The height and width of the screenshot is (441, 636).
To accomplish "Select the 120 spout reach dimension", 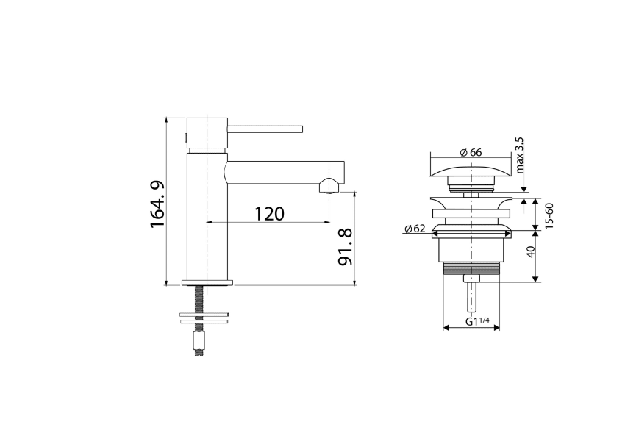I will tap(269, 214).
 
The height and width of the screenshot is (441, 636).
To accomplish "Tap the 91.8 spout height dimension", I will tap(344, 248).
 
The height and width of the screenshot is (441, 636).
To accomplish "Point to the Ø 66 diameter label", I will tap(471, 152).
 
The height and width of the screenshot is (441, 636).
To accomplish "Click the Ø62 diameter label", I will tap(415, 229).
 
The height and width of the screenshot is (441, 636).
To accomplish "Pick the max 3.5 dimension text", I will tap(520, 154).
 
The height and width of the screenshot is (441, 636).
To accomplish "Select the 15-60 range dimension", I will tap(549, 214).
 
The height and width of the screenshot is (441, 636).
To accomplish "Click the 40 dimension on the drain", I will tap(530, 252).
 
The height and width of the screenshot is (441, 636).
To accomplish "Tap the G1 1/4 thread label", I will tap(479, 321).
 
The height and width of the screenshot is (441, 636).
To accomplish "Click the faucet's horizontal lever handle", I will tap(265, 129).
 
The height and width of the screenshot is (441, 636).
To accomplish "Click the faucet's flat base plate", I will tap(207, 282).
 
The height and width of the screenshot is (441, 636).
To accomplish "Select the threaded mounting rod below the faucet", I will tap(198, 298).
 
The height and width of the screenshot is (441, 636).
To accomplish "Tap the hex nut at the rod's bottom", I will tap(198, 343).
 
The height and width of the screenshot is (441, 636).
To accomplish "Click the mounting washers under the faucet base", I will tap(203, 318).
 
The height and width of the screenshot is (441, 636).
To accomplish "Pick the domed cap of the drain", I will tap(470, 173).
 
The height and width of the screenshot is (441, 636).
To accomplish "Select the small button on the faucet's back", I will tap(185, 137).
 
